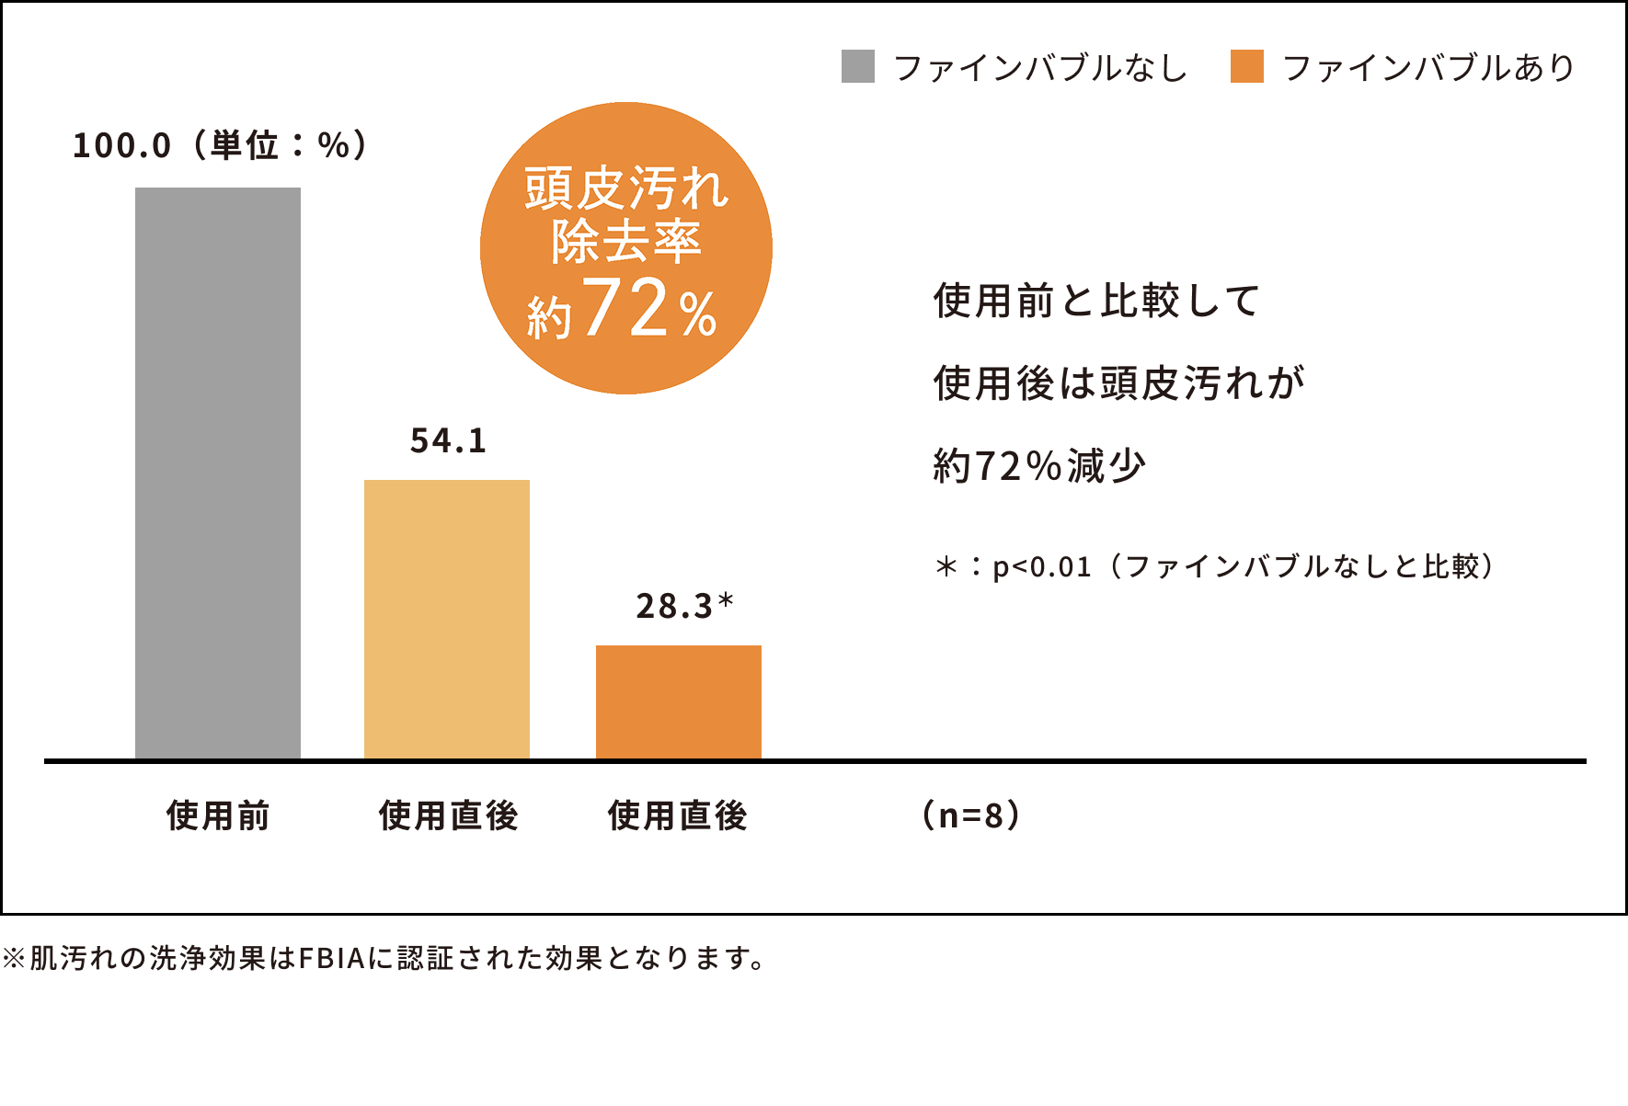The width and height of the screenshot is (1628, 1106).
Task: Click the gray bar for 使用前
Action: coord(218,473)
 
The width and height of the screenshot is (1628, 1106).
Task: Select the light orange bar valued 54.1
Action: coord(447,620)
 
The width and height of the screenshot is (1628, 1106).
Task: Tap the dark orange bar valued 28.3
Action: coord(679,702)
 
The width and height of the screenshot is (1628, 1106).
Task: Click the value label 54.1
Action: coord(448,441)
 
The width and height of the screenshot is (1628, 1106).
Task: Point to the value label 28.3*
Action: coord(684,607)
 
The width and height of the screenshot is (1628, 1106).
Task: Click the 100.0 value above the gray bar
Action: coord(121,146)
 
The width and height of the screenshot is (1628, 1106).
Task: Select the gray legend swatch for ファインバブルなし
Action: coord(857,67)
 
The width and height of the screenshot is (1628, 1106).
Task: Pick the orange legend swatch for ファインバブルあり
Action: coord(1246,67)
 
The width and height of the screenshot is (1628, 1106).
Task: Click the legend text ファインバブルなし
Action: coord(1040,68)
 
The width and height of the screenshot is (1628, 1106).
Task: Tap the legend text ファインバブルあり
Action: coord(1428,68)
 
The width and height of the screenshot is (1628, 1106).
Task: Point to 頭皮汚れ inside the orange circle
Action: coord(626,189)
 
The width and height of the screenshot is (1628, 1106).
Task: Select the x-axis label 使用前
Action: coord(218,815)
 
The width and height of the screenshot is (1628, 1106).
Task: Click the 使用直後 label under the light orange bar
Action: coord(448,815)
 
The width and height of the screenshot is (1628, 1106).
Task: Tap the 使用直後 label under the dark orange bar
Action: coord(678,815)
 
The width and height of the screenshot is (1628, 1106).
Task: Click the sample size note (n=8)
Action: coord(971,815)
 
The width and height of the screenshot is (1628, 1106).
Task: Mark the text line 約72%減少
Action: coord(1039,466)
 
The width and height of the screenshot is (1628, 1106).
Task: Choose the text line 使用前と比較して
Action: coord(1096,301)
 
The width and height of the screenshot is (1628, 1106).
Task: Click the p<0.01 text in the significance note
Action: coord(1041,567)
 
